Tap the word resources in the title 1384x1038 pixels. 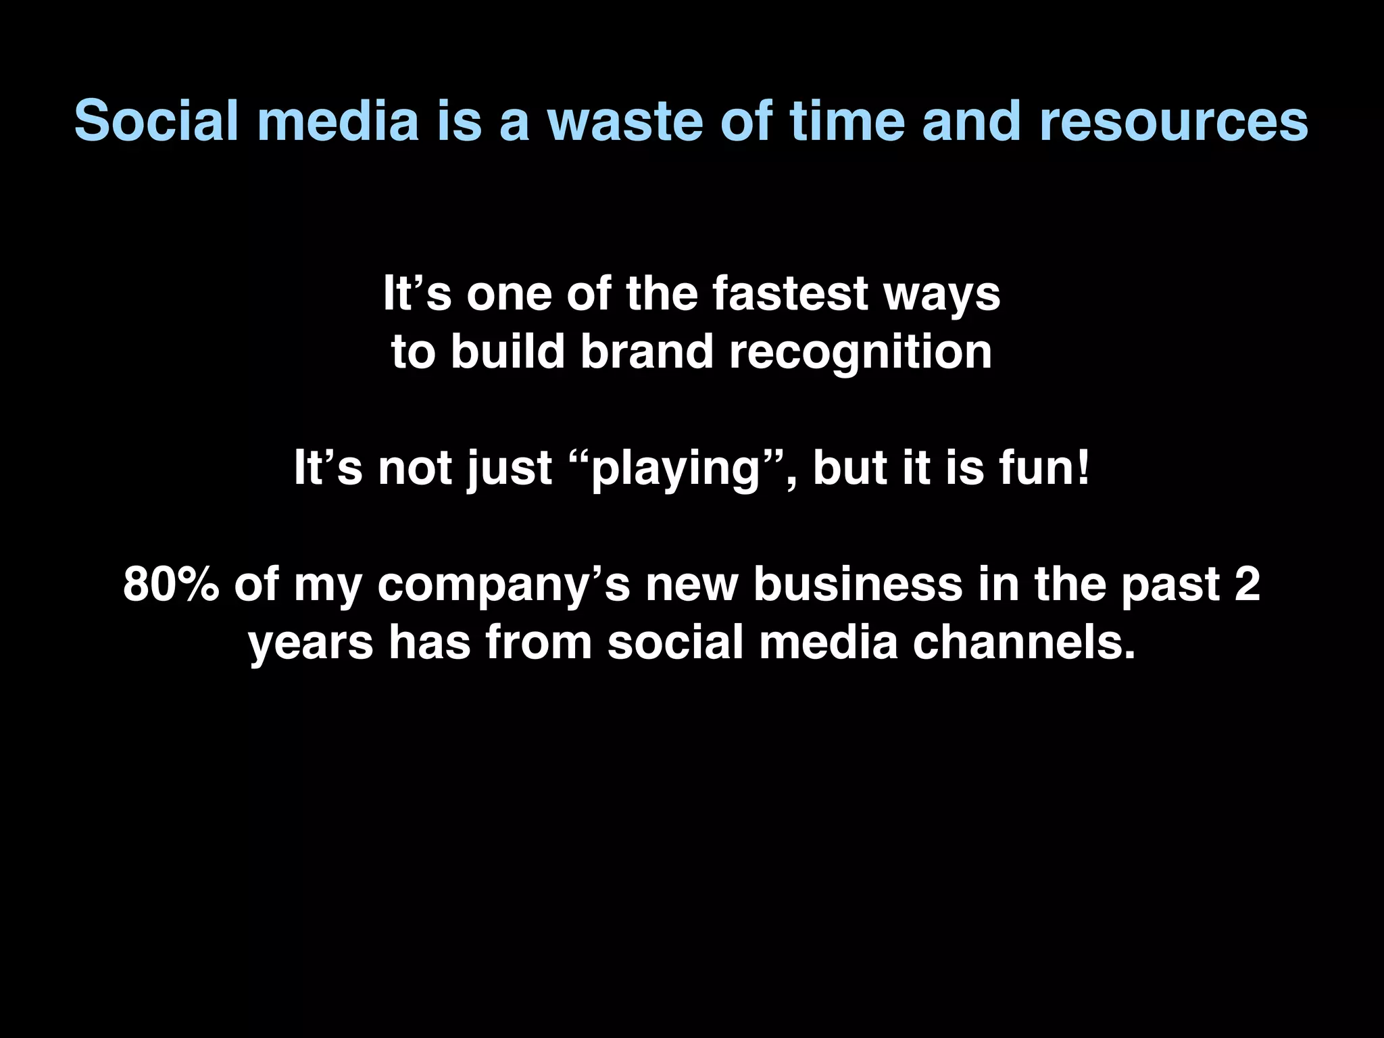[1172, 122]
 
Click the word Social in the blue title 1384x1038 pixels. [156, 122]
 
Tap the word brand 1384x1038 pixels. [647, 352]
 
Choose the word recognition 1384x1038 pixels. [860, 353]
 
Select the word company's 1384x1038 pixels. [503, 585]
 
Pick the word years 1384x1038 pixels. [311, 643]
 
